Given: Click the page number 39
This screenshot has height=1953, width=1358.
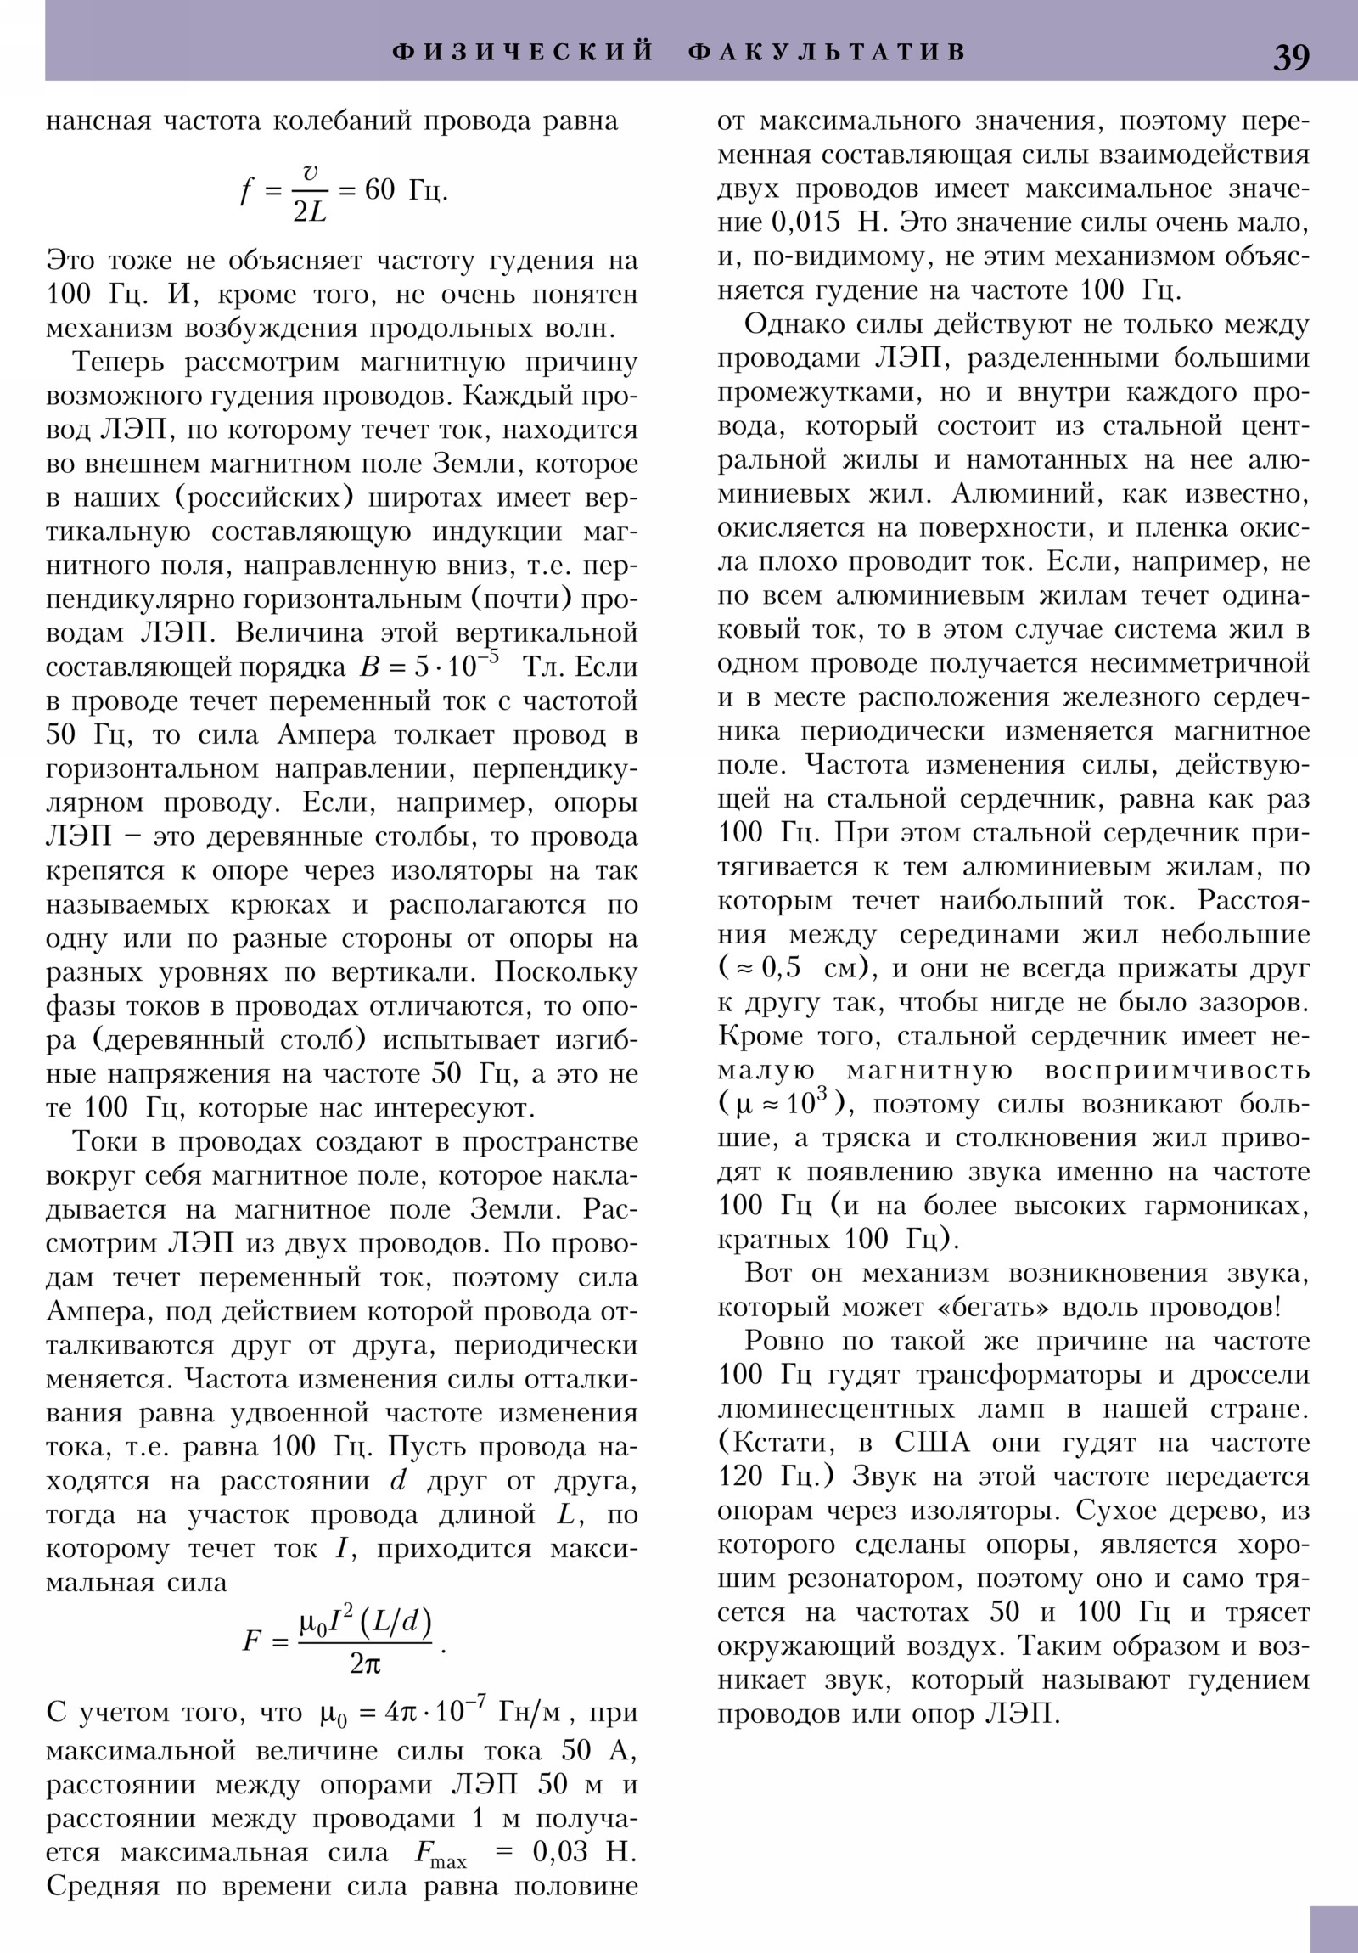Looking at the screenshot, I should coord(1290,56).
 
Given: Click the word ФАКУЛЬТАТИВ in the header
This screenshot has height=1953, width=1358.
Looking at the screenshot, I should coord(828,52).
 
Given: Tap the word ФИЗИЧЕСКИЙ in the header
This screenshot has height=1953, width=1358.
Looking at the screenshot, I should coord(523,52).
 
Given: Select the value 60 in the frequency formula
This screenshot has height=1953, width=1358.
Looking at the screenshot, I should coord(379,189).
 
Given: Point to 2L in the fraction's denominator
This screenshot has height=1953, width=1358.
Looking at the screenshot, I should coord(310,212).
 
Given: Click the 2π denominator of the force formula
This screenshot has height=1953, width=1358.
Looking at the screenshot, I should coord(365,1663).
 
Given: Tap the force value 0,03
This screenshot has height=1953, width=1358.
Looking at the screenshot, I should coord(558,1851).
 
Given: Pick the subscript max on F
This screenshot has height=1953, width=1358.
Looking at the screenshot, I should coord(448,1861).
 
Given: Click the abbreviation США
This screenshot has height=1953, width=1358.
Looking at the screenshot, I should coord(932,1442).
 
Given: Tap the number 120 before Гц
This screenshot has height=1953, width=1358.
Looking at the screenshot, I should coord(741,1476).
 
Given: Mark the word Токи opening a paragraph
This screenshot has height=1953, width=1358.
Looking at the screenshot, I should coord(104,1140).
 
